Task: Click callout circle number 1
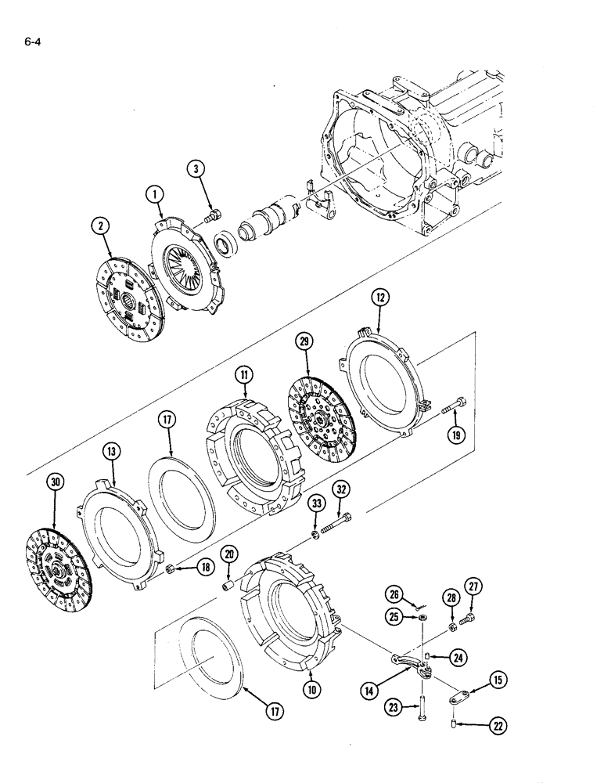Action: point(155,193)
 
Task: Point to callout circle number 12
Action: point(380,298)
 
